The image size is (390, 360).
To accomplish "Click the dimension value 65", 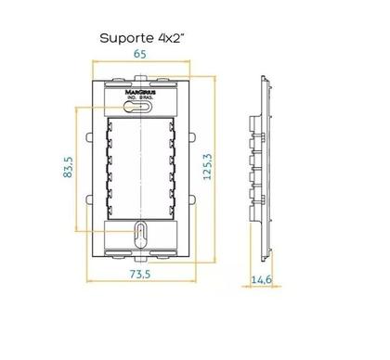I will click(139, 54).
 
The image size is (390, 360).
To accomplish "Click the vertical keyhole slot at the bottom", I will click(139, 231).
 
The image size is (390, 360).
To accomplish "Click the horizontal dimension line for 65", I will click(139, 63).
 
